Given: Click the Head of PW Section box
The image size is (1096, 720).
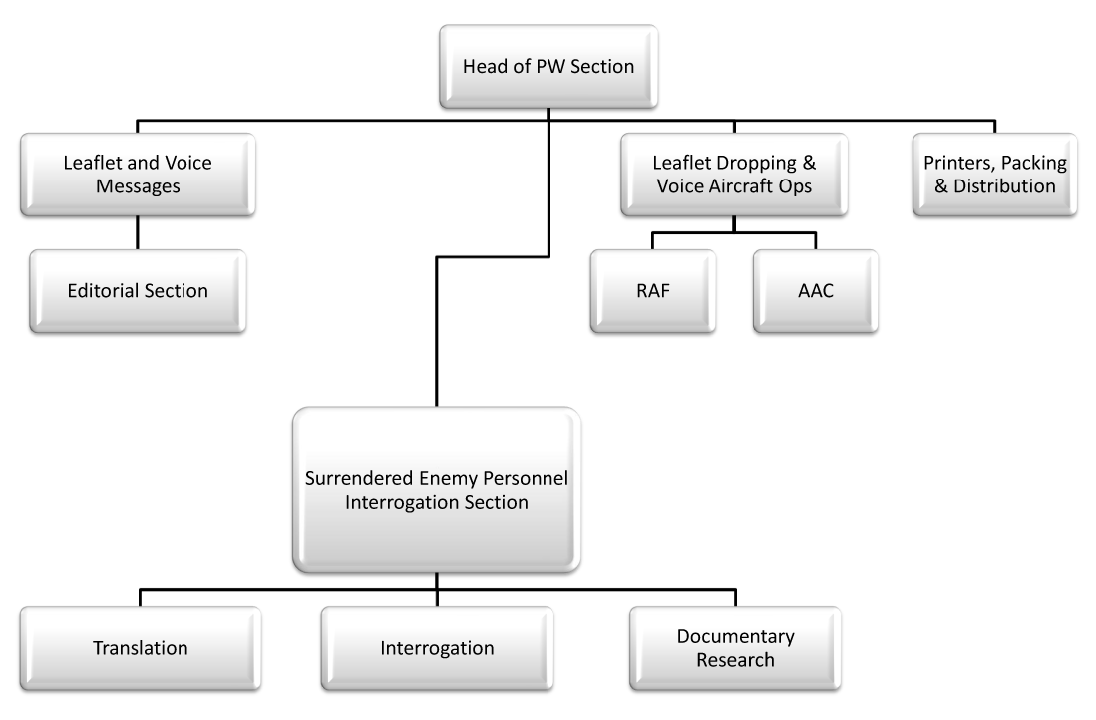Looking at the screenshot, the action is (x=548, y=67).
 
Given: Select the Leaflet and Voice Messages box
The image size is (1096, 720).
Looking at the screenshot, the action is (x=138, y=175).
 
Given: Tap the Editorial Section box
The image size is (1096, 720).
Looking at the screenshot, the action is (x=138, y=291).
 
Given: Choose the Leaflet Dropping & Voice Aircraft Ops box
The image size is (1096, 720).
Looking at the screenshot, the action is (x=734, y=175).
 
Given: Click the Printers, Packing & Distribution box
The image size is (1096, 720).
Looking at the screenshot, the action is (x=994, y=175).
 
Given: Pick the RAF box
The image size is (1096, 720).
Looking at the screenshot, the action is (x=653, y=291).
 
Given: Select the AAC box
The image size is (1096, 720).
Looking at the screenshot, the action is (x=816, y=291).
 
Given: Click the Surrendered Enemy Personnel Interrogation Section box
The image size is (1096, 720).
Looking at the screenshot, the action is (x=437, y=490).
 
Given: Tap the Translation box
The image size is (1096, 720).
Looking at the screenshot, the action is (x=141, y=649).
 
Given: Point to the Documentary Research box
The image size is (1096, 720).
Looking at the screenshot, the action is (x=735, y=649).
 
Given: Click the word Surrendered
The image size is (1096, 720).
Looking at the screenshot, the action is (x=359, y=478).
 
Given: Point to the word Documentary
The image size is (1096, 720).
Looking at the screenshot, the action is (x=735, y=637).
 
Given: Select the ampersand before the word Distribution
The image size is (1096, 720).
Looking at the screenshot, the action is (x=941, y=186).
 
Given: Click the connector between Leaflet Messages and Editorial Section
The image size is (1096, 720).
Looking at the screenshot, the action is (x=138, y=232).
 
